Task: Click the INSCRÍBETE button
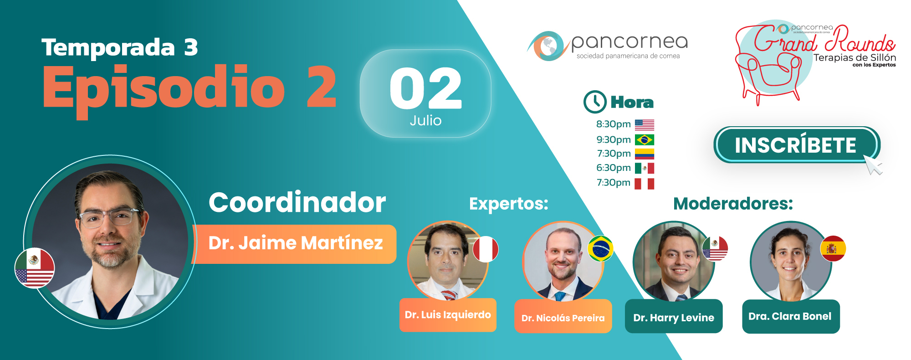click(797, 145)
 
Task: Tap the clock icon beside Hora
click(595, 102)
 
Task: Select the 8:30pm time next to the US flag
click(613, 124)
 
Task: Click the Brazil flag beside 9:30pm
click(645, 139)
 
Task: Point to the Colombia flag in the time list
click(645, 154)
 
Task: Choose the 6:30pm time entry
click(613, 168)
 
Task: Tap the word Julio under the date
click(425, 120)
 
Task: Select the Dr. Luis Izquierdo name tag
click(448, 315)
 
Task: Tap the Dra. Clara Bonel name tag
click(791, 316)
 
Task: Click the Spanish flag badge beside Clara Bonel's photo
click(833, 248)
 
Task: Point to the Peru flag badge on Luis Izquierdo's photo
click(486, 249)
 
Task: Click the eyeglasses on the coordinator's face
click(109, 217)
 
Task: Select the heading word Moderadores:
click(733, 204)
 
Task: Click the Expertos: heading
click(509, 204)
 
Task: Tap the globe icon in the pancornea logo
click(548, 46)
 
